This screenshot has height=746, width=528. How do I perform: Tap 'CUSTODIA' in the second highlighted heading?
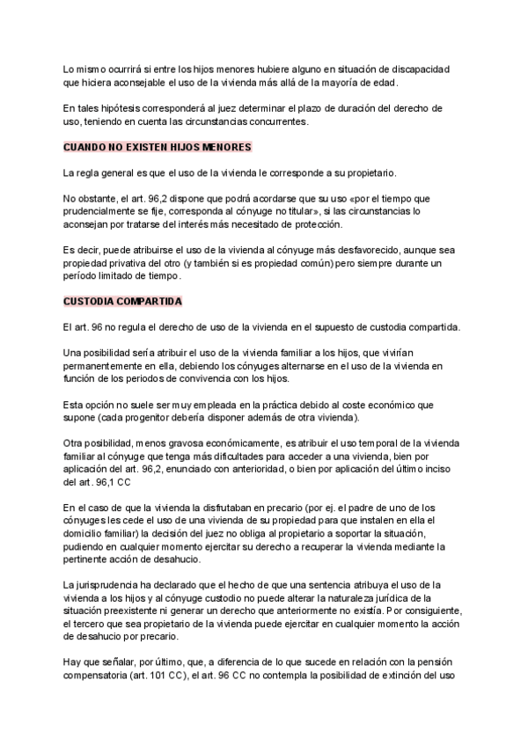90,301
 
